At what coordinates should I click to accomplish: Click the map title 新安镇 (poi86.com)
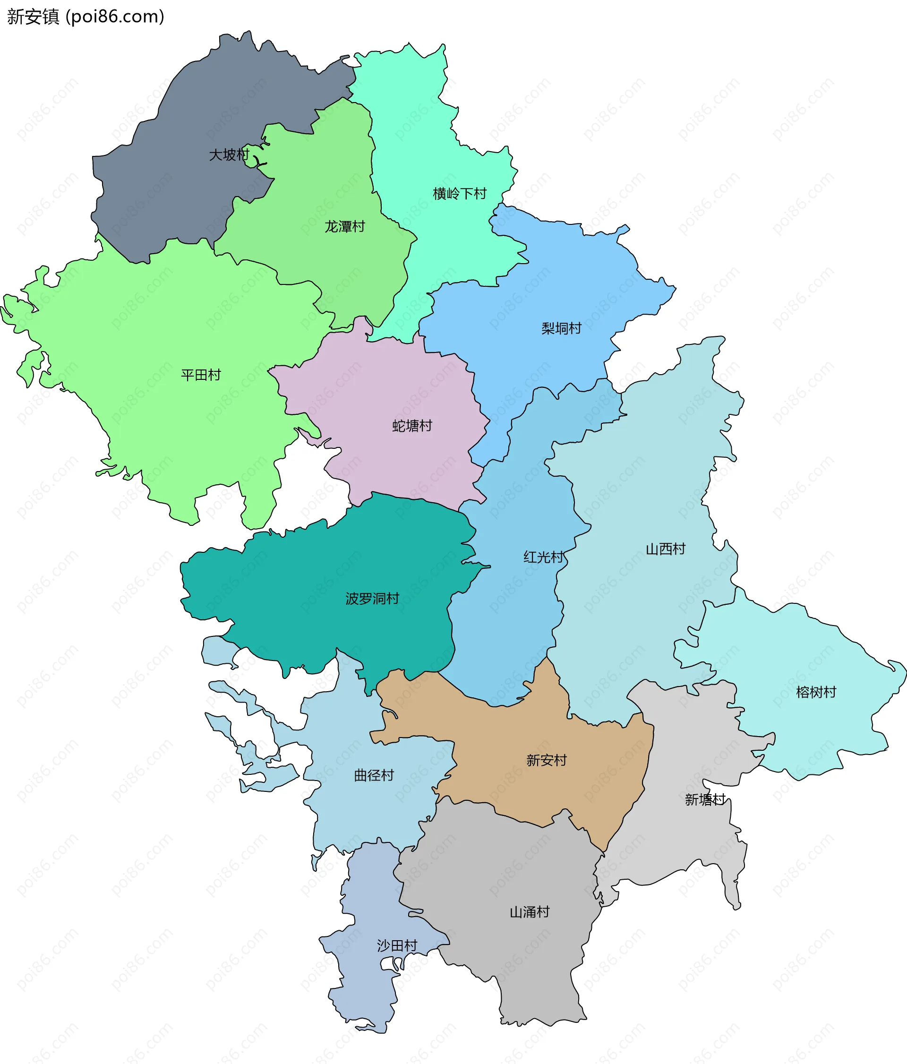(86, 17)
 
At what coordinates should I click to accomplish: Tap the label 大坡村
(229, 154)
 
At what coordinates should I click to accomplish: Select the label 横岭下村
(459, 194)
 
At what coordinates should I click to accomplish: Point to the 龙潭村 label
(344, 226)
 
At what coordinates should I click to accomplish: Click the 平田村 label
(201, 375)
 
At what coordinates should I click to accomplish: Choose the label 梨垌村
(562, 328)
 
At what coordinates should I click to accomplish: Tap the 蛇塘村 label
(412, 426)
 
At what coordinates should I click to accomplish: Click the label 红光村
(544, 557)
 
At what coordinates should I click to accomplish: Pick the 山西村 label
(665, 549)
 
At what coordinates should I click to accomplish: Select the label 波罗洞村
(372, 599)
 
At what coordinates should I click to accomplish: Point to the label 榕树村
(816, 692)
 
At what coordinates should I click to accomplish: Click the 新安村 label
(546, 760)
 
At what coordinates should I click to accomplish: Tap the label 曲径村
(374, 775)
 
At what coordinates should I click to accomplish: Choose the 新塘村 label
(705, 799)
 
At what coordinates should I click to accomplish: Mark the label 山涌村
(529, 912)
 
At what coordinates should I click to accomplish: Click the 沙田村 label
(397, 945)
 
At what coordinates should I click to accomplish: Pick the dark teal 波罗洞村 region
(308, 580)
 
